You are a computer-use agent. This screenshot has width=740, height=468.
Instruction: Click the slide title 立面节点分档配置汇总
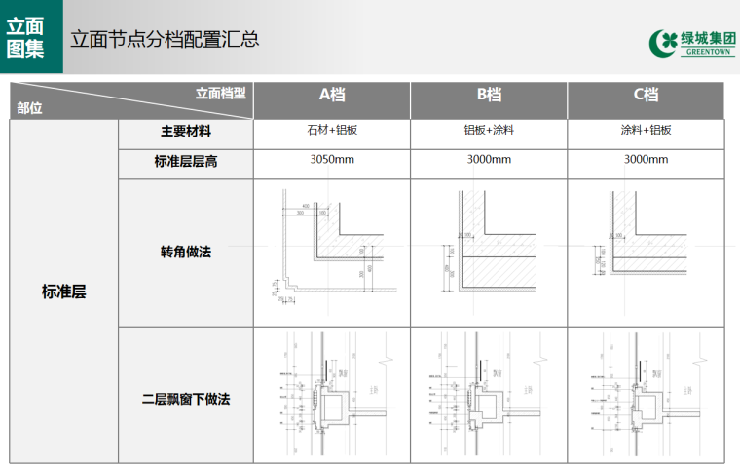point(164,39)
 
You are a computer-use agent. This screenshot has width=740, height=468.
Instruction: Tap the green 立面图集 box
point(31,37)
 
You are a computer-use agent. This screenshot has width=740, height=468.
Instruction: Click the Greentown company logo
point(692,43)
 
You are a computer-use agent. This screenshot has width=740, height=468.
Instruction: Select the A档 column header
point(332,96)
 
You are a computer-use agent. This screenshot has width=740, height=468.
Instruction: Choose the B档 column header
point(489,96)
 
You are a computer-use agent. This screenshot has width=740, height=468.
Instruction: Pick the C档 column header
point(646,96)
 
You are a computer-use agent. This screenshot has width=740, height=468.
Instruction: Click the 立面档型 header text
point(220,94)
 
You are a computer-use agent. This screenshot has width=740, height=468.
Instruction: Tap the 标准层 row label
point(64,291)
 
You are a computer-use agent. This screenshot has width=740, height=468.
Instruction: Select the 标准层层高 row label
point(186,161)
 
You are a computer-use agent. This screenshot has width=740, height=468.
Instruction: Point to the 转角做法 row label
point(186,252)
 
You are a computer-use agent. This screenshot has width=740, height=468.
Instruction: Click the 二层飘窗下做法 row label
point(186,399)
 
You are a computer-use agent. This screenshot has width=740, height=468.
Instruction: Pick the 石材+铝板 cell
point(332,131)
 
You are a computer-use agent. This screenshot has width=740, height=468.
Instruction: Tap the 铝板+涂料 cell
point(489,131)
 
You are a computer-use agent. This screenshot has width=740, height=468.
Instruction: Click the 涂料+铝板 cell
point(646,131)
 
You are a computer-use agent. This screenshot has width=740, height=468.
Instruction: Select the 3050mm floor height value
point(332,160)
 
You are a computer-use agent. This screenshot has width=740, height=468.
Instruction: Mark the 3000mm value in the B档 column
point(489,160)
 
